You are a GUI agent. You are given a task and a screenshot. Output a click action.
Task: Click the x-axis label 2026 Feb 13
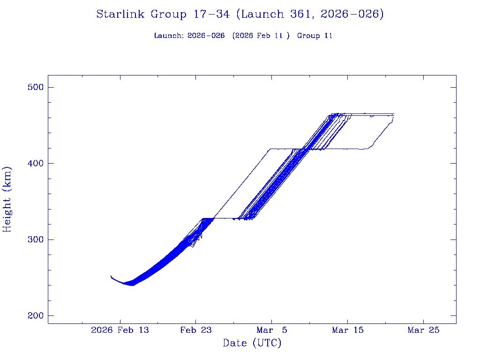point(120,330)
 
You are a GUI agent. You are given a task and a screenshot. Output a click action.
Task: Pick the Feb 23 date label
point(196,330)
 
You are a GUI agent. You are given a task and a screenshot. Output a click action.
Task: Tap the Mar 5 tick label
point(272,330)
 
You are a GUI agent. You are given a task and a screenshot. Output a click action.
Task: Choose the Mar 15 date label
point(348,330)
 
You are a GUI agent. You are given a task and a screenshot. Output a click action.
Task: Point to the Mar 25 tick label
point(424,330)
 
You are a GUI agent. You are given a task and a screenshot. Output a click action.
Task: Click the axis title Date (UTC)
point(252,343)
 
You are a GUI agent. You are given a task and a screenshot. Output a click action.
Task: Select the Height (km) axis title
point(7,199)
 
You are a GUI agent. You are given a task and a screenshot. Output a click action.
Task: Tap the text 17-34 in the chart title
point(211,15)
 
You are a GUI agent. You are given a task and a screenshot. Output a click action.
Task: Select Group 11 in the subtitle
point(315,36)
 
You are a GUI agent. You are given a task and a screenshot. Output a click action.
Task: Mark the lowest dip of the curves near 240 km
point(132,285)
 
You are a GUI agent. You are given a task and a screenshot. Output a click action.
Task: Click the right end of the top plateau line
point(394,114)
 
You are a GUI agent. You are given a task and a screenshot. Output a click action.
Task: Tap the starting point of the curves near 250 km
point(111,276)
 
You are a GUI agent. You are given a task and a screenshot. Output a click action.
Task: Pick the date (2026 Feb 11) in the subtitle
point(261,36)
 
